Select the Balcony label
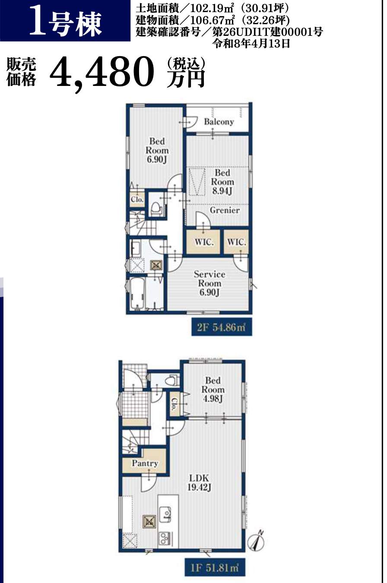219,121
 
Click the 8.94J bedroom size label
222,191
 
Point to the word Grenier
225,210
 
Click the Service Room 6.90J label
209,283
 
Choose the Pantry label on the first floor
145,463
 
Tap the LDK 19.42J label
199,482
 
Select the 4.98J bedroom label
213,399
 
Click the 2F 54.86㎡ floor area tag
222,327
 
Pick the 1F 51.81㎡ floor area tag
215,567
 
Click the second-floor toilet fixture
156,209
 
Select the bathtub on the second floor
137,293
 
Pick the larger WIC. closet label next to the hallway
204,242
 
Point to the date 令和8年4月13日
251,43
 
